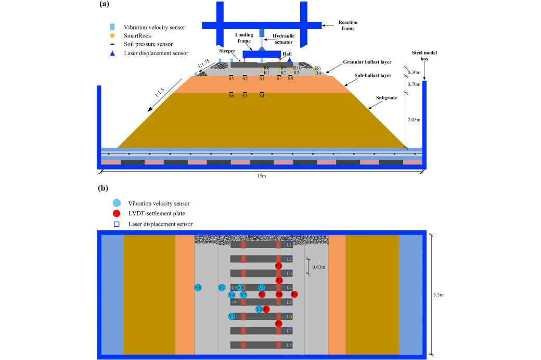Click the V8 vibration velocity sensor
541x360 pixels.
198,288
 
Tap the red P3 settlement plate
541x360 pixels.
294,294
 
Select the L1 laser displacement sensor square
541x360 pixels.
289,245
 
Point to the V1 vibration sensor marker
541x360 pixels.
231,316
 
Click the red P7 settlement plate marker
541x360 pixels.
279,324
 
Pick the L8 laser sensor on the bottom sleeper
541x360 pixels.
289,345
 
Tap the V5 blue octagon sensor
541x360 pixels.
262,288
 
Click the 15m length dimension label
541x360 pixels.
262,176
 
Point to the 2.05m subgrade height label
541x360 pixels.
414,119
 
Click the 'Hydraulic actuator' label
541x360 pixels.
283,39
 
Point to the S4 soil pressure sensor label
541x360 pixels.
262,96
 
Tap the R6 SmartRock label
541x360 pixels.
318,68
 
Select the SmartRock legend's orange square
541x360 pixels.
112,35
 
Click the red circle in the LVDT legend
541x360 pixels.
117,214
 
